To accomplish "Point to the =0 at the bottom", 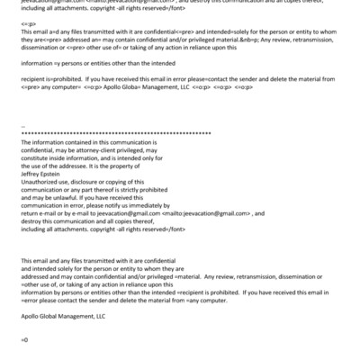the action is pos(24,339).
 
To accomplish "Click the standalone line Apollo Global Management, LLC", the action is pos(62,317).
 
